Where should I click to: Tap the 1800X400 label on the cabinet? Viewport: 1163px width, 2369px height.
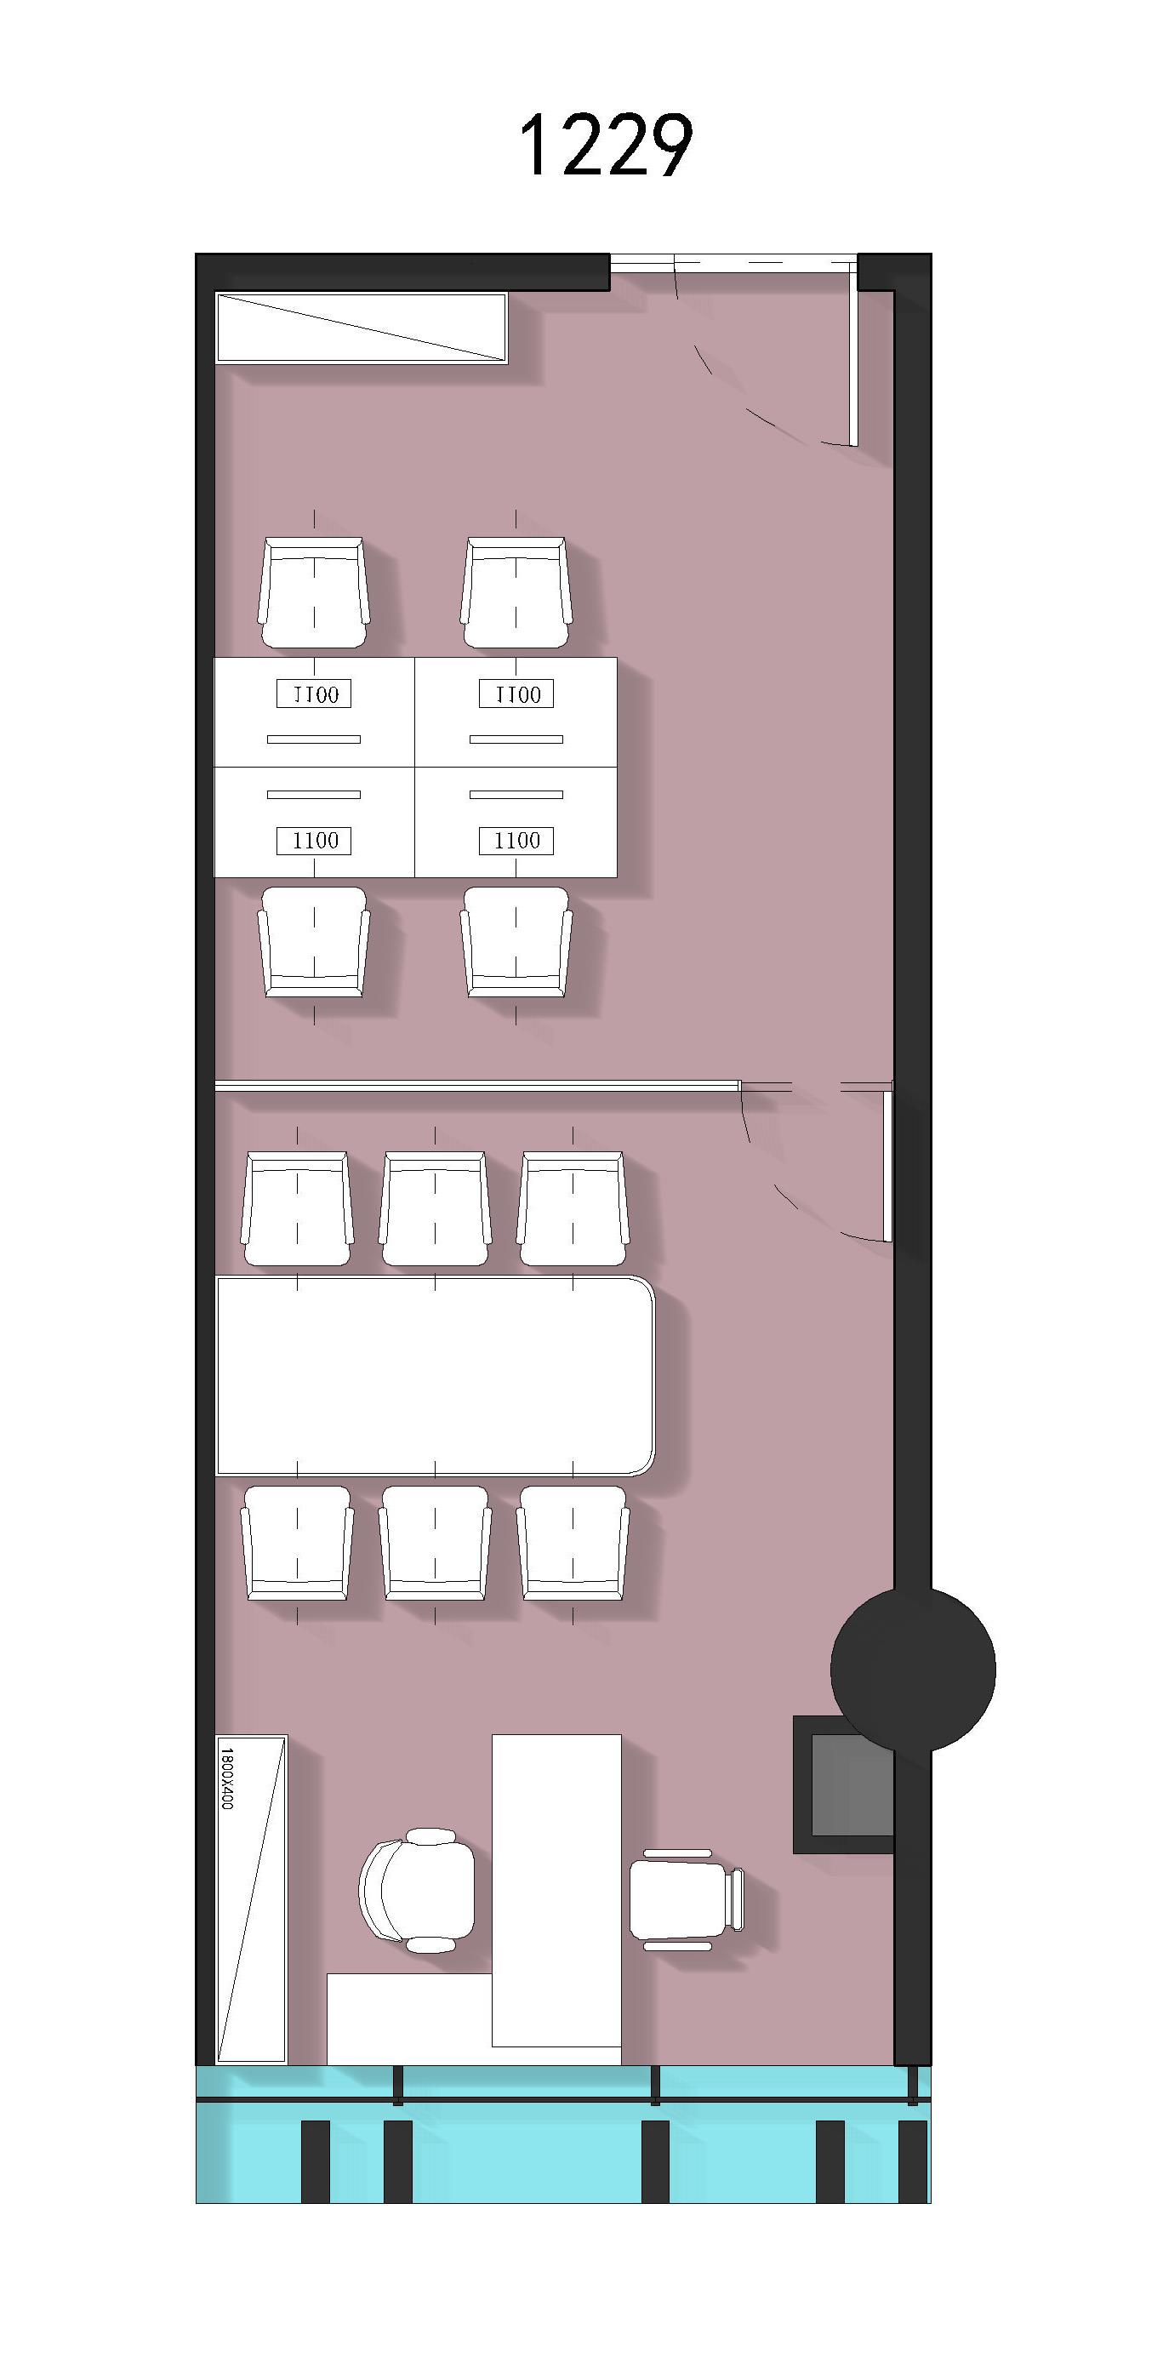click(227, 1778)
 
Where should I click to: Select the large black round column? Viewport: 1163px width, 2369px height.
click(912, 1670)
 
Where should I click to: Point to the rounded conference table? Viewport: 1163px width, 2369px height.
click(435, 1375)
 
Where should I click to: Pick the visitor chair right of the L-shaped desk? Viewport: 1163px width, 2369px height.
click(686, 1898)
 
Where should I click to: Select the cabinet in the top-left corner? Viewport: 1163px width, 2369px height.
click(362, 328)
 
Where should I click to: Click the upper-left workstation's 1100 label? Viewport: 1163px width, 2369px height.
click(315, 694)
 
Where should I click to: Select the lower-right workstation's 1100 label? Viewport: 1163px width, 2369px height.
click(516, 840)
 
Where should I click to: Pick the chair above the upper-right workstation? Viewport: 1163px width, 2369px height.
click(516, 593)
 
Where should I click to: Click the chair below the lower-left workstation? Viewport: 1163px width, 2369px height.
click(313, 941)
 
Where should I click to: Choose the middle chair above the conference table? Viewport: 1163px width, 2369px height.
click(435, 1208)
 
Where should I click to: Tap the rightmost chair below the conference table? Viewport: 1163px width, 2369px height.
click(573, 1542)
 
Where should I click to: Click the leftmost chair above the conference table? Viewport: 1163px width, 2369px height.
click(297, 1208)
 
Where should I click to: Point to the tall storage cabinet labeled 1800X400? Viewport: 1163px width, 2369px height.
click(251, 1898)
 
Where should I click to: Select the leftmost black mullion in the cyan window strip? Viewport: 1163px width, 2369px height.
click(316, 2161)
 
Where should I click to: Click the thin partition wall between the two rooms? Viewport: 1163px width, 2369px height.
click(477, 1086)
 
